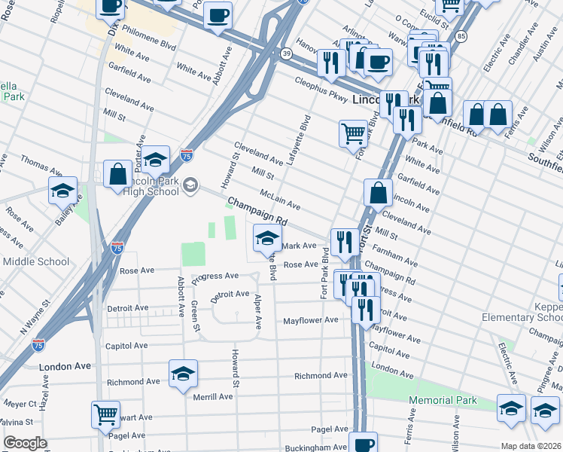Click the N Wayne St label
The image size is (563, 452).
pyautogui.click(x=35, y=317)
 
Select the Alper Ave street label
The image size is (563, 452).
pyautogui.click(x=257, y=310)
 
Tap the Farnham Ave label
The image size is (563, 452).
pyautogui.click(x=388, y=249)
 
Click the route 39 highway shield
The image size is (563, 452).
pyautogui.click(x=286, y=53)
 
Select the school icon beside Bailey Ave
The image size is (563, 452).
pyautogui.click(x=63, y=191)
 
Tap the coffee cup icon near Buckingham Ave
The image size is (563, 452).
pyautogui.click(x=363, y=443)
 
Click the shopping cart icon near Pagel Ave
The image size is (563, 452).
pyautogui.click(x=105, y=414)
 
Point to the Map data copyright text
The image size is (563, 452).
pyautogui.click(x=531, y=446)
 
